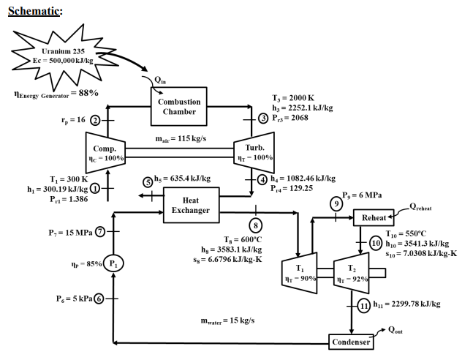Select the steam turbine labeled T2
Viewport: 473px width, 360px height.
(x=349, y=274)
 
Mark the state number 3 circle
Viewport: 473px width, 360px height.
(x=262, y=118)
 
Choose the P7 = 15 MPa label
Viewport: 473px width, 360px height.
(x=67, y=232)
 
